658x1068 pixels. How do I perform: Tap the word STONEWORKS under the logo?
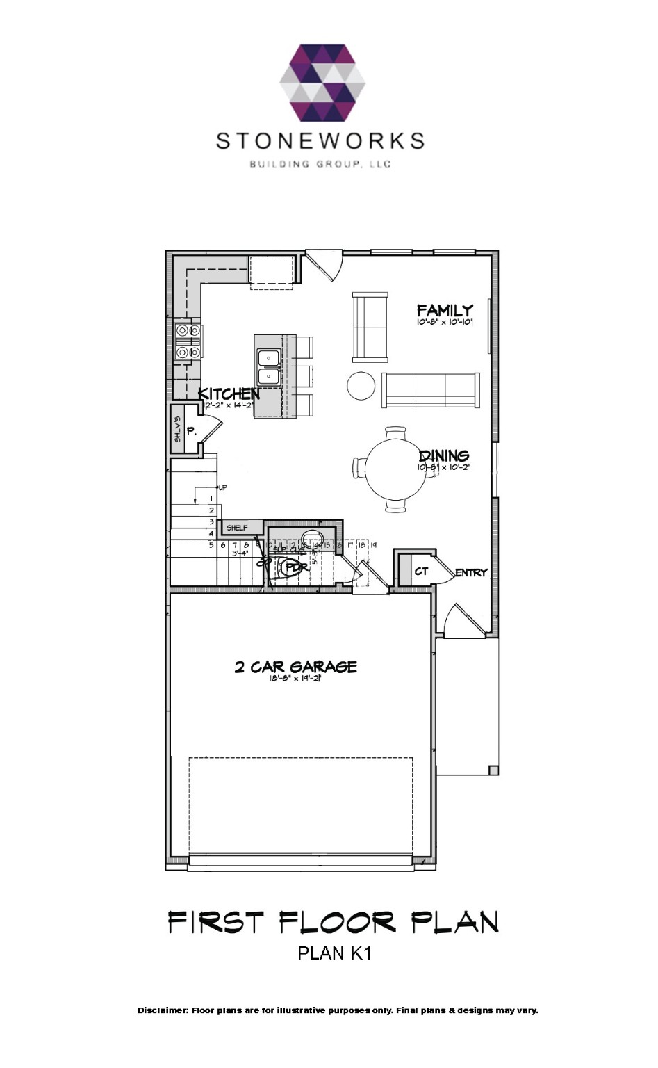click(x=320, y=141)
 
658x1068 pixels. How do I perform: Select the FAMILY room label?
click(x=445, y=310)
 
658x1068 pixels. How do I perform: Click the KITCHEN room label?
click(x=229, y=394)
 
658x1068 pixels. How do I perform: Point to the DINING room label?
click(x=444, y=456)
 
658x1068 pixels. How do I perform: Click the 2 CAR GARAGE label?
click(x=295, y=667)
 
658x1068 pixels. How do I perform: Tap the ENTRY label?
click(x=471, y=573)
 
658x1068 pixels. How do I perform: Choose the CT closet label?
click(x=421, y=572)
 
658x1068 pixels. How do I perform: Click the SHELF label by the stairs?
click(x=237, y=528)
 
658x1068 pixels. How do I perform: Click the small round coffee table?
click(x=361, y=386)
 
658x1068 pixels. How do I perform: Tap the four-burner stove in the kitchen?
click(x=188, y=341)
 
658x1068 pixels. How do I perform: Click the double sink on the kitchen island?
click(x=268, y=367)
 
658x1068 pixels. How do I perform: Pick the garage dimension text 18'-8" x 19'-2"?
click(x=295, y=679)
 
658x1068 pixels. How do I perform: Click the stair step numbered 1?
click(x=211, y=499)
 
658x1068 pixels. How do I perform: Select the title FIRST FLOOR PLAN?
click(x=334, y=923)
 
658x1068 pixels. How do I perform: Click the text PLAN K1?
click(x=334, y=953)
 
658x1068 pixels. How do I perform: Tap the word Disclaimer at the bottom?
click(x=163, y=1010)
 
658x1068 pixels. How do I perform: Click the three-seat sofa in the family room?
click(x=430, y=390)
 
